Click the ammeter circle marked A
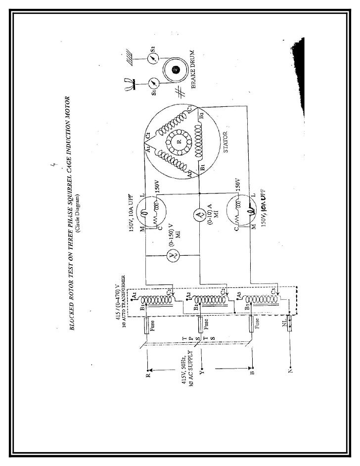tap(199, 214)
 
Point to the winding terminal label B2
tap(201, 117)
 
